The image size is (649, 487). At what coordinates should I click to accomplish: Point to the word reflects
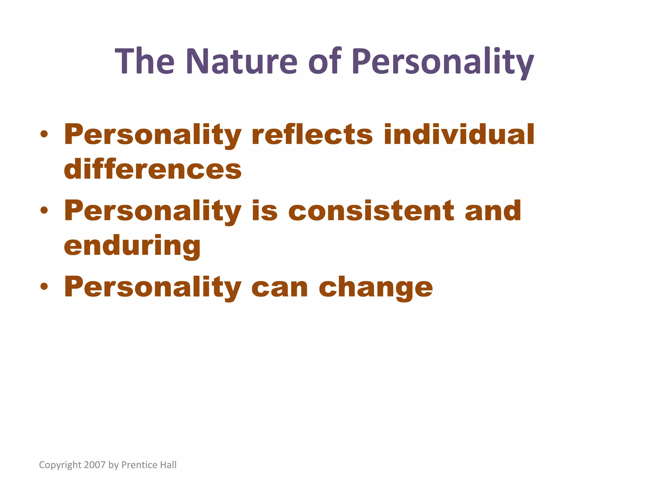(312, 134)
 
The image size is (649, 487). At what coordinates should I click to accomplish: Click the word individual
(459, 134)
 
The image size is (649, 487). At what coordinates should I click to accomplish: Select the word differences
(153, 169)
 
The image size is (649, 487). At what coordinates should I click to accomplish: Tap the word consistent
(371, 211)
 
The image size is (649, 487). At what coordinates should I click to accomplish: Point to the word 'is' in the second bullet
(265, 211)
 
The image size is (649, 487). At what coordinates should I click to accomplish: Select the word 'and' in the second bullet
(493, 211)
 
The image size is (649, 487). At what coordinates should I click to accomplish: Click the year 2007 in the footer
(94, 465)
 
